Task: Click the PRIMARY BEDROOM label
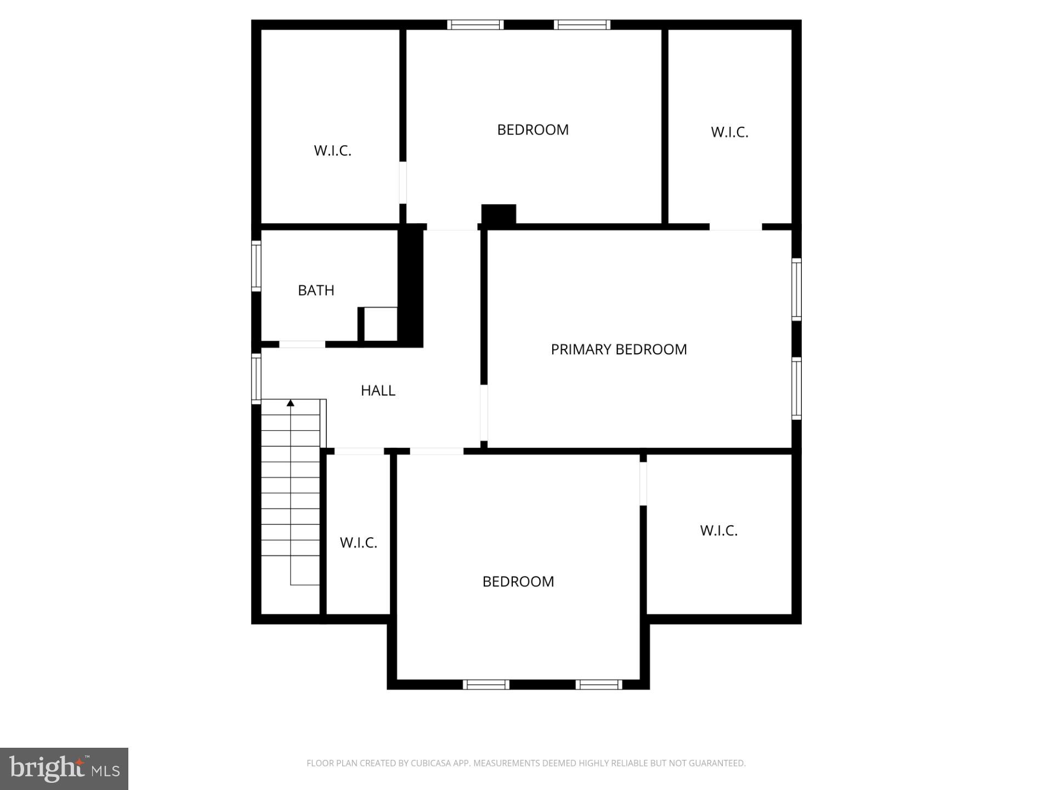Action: coord(619,349)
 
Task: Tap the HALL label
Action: coord(378,391)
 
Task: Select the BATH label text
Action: coord(316,290)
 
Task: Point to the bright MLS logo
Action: coord(64,769)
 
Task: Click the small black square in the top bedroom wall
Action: coord(499,214)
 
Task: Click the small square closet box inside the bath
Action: coord(380,324)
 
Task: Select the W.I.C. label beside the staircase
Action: coord(359,543)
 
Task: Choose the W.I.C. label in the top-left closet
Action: coord(332,151)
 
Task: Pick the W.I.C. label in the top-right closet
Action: coord(729,132)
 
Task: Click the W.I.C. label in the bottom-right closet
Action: coord(718,531)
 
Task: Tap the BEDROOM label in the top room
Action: coord(533,130)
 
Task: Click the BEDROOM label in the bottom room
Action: coord(518,582)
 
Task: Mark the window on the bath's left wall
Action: coord(256,266)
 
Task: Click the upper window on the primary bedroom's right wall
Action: coord(796,289)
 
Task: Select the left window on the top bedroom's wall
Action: coord(475,25)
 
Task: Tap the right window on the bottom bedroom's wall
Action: coord(598,684)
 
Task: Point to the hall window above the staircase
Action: coord(256,379)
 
